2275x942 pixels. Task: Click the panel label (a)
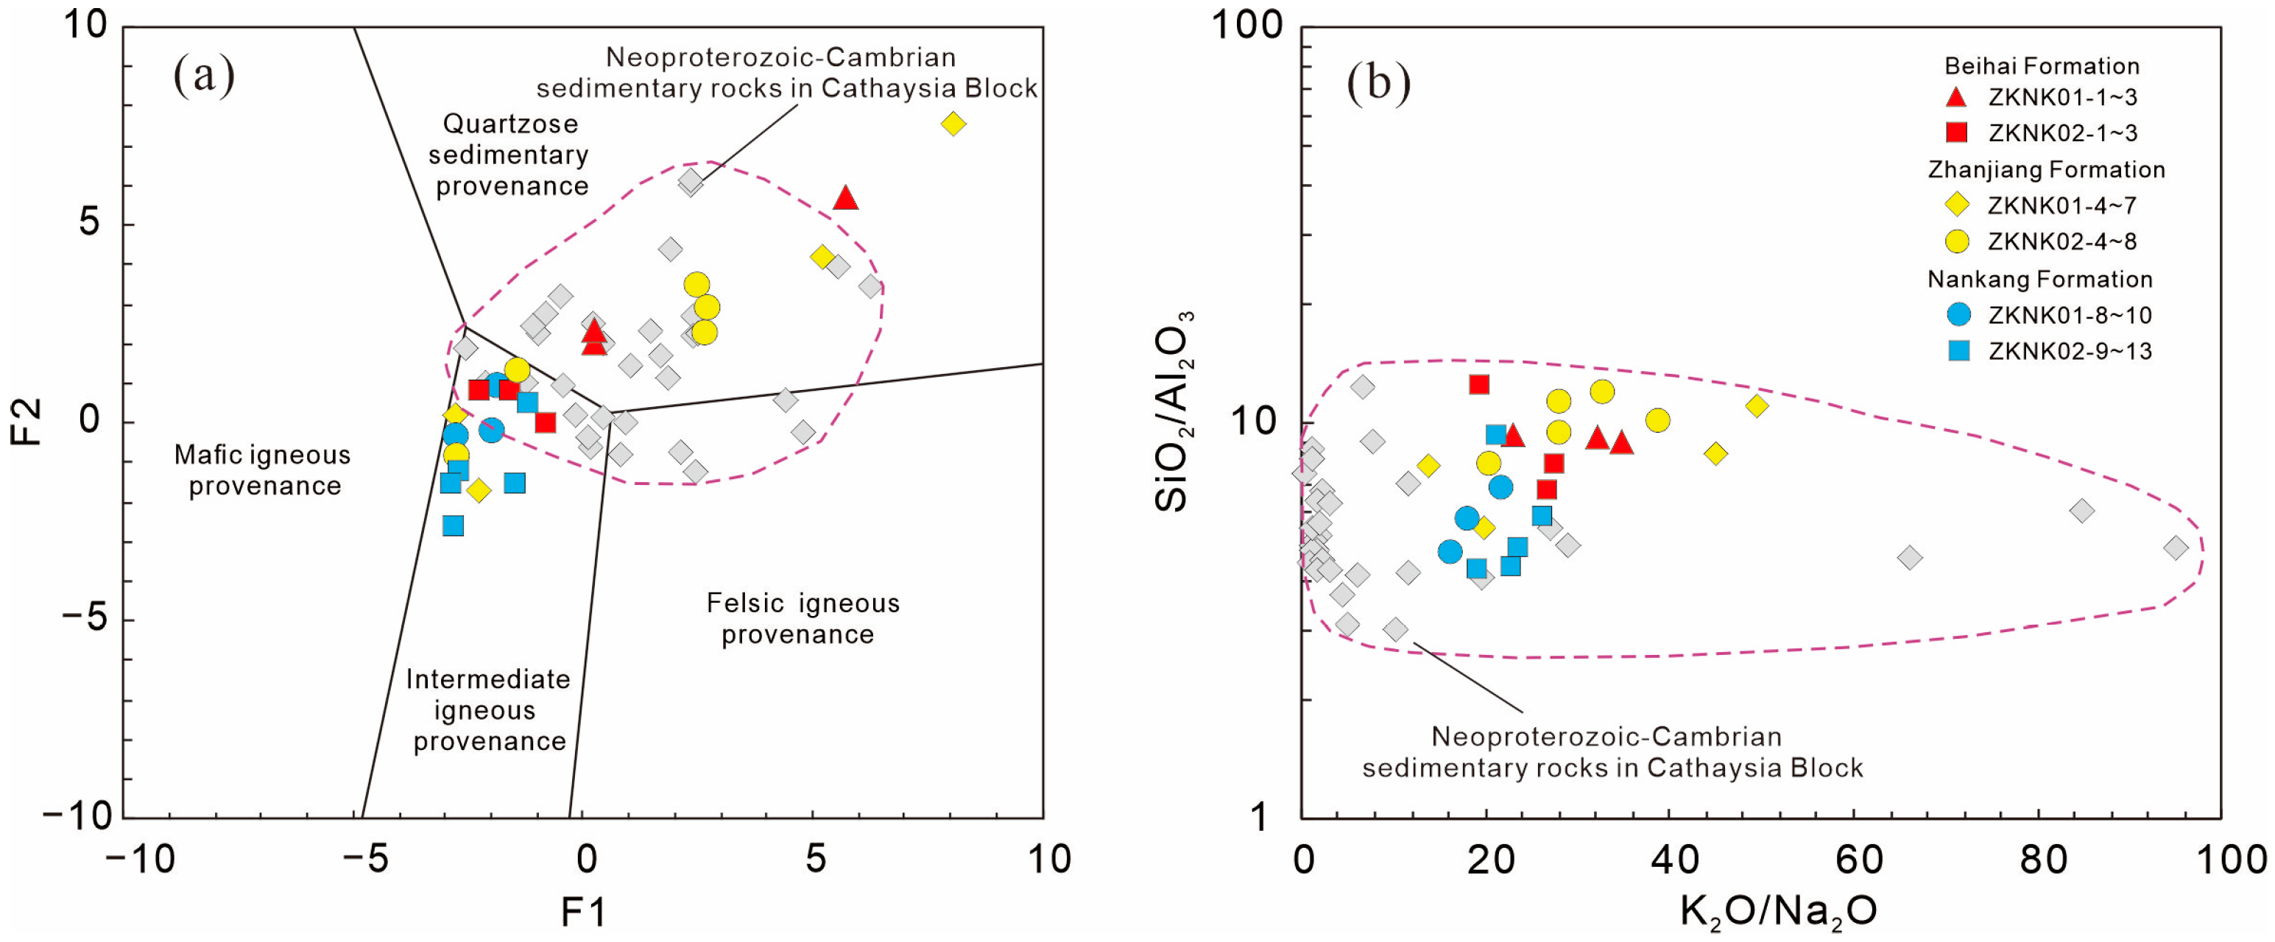[x=204, y=74]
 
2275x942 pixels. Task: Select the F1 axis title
[x=584, y=912]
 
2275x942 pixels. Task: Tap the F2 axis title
[x=27, y=421]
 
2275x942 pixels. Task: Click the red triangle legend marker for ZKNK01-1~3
[x=1956, y=97]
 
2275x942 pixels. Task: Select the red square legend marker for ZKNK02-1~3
[x=1956, y=132]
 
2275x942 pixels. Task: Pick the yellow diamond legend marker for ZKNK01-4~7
[x=1957, y=205]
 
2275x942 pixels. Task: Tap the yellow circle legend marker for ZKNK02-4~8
[x=1957, y=241]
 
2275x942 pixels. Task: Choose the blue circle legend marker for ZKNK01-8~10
[x=1958, y=314]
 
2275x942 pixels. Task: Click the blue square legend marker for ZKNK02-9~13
[x=1958, y=350]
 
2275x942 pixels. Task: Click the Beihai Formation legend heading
[x=2041, y=66]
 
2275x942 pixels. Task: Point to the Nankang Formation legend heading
[x=2039, y=279]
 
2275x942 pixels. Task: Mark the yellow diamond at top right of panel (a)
[x=953, y=124]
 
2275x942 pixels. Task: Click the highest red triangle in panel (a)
[x=845, y=198]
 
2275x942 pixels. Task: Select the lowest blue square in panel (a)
[x=453, y=526]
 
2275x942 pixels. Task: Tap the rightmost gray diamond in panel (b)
[x=2175, y=548]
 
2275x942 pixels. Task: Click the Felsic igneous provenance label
[x=802, y=618]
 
